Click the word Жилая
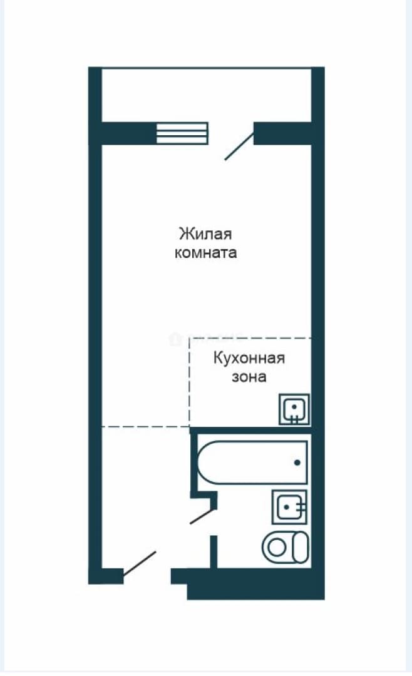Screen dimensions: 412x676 tap(205, 234)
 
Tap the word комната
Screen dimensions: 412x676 tap(206, 252)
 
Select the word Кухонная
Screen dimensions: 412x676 tap(249, 358)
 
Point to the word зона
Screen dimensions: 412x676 tap(249, 377)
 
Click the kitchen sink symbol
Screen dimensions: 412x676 tap(294, 409)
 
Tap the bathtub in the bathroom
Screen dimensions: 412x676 tap(252, 462)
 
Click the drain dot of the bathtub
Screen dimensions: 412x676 tap(297, 463)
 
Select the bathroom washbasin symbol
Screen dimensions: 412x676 tap(289, 507)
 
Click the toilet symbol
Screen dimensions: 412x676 tap(286, 547)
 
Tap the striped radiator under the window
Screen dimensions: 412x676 tap(182, 133)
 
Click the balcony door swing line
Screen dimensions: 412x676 tap(239, 146)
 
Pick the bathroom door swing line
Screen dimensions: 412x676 tap(203, 516)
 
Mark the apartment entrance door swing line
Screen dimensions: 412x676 tap(140, 563)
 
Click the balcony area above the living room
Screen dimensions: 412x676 tap(206, 95)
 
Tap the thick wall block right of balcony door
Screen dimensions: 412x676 tap(282, 133)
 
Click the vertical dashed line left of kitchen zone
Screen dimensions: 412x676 tap(190, 382)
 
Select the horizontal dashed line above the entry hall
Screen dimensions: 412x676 tap(146, 427)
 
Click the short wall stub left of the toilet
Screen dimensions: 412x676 tap(213, 552)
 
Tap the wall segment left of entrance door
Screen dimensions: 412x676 tap(106, 576)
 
